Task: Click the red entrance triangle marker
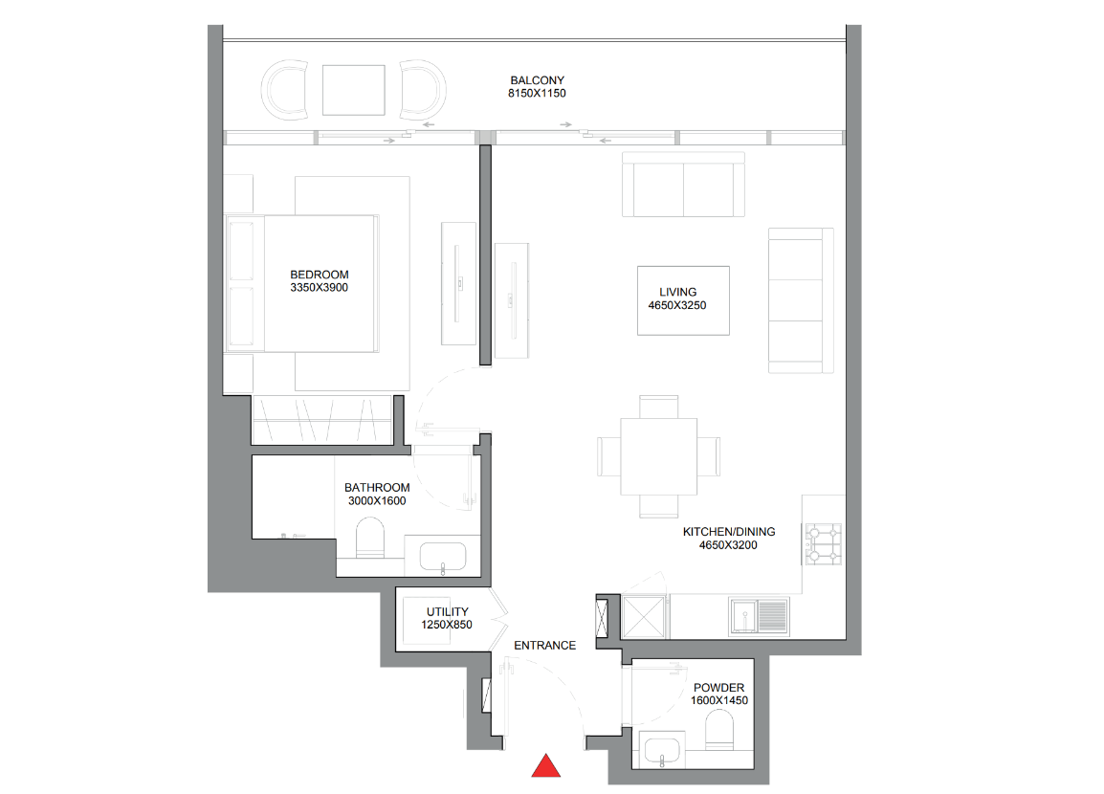point(545,766)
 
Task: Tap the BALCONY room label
point(538,80)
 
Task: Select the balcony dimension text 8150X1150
point(538,93)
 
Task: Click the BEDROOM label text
point(320,275)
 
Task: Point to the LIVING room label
point(678,292)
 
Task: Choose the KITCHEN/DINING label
point(729,532)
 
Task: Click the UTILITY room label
point(447,611)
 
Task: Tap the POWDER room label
point(718,688)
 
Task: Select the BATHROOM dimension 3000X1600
point(377,501)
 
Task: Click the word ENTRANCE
point(545,646)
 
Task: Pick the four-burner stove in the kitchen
point(823,543)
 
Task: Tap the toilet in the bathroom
point(370,538)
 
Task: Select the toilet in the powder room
point(718,729)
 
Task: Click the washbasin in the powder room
point(661,751)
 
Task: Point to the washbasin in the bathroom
point(443,557)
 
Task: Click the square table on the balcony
point(353,90)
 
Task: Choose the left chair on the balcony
point(284,90)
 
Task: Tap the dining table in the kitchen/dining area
point(659,457)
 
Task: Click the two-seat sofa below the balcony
point(684,185)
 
